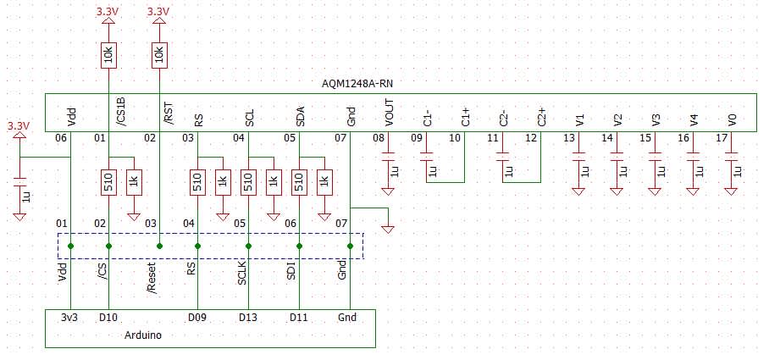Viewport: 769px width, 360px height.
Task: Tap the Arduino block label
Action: pyautogui.click(x=143, y=335)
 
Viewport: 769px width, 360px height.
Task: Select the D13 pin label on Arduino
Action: pyautogui.click(x=247, y=318)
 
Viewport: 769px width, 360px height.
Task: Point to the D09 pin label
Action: pyautogui.click(x=198, y=318)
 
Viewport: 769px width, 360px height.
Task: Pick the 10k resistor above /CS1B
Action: pyautogui.click(x=108, y=56)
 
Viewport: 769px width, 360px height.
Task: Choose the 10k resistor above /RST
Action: pyautogui.click(x=159, y=56)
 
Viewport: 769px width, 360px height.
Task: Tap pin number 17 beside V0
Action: pyautogui.click(x=722, y=138)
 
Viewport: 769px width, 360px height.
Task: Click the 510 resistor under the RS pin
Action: pyautogui.click(x=197, y=181)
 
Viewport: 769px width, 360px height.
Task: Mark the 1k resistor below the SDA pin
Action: pyautogui.click(x=324, y=181)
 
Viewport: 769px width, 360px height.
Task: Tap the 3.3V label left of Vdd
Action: pyautogui.click(x=18, y=125)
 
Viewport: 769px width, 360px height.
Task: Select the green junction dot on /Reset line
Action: pyautogui.click(x=159, y=246)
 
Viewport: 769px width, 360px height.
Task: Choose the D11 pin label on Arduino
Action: pyautogui.click(x=298, y=318)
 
